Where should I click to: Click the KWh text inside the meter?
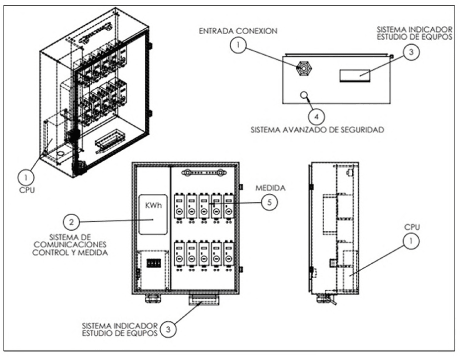pyautogui.click(x=153, y=205)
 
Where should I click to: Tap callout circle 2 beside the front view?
pyautogui.click(x=71, y=222)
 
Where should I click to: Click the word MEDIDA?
pyautogui.click(x=270, y=188)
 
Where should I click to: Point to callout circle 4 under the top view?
pyautogui.click(x=317, y=117)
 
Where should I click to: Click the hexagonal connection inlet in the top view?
pyautogui.click(x=304, y=68)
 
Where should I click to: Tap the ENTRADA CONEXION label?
pyautogui.click(x=238, y=31)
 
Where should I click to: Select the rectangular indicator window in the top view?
pyautogui.click(x=354, y=76)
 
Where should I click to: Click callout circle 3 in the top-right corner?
pyautogui.click(x=411, y=52)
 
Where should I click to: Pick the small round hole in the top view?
pyautogui.click(x=304, y=95)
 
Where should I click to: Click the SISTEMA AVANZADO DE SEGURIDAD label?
pyautogui.click(x=318, y=129)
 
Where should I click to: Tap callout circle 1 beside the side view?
pyautogui.click(x=411, y=241)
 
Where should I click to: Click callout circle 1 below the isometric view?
pyautogui.click(x=26, y=178)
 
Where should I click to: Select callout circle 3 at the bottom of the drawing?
pyautogui.click(x=168, y=329)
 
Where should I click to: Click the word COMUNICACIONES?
pyautogui.click(x=69, y=244)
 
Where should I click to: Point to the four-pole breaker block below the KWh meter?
pyautogui.click(x=154, y=262)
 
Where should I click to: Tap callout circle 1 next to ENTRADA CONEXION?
pyautogui.click(x=238, y=45)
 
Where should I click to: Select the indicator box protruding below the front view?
pyautogui.click(x=203, y=300)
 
